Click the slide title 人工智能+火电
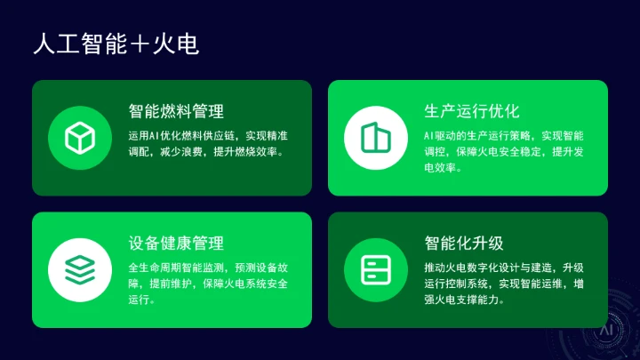coord(115,43)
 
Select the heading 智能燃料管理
coord(176,111)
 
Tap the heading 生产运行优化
coord(472,111)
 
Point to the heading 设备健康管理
coord(176,243)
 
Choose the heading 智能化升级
coord(464,243)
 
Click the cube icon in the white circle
coord(80,137)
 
